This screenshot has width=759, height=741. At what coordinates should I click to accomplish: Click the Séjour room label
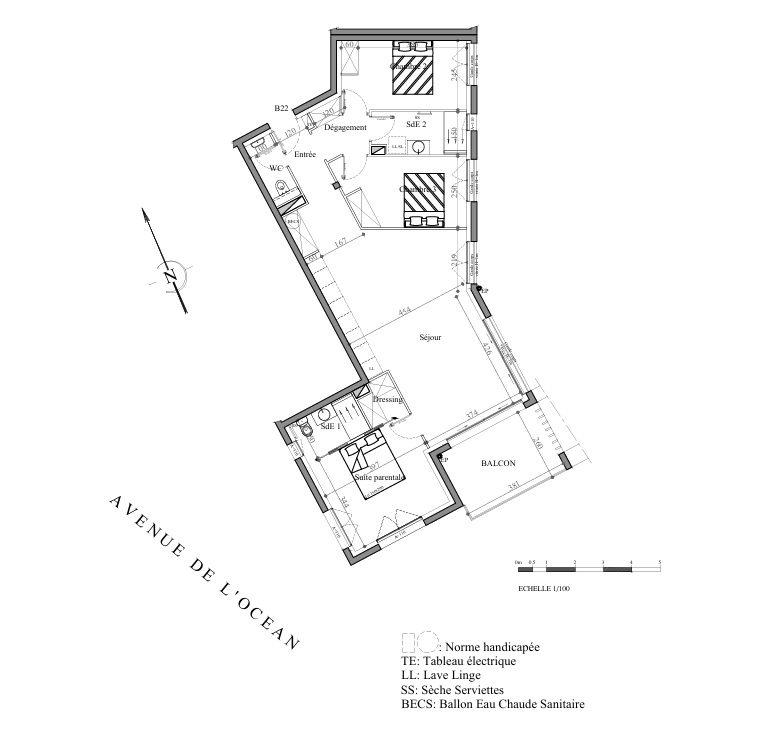pos(430,337)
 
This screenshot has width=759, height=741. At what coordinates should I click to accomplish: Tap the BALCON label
pos(498,464)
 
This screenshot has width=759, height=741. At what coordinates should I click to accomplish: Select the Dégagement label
pos(346,128)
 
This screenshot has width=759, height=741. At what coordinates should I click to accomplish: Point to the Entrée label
pos(305,154)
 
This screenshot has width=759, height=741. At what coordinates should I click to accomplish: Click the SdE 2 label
pos(417,125)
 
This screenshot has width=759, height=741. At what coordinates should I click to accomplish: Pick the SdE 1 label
pos(331,427)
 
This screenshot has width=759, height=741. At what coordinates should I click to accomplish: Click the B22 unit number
pos(282,107)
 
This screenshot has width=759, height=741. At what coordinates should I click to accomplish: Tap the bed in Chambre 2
pos(411,68)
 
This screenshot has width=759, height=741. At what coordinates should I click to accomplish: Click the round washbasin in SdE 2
pos(418,148)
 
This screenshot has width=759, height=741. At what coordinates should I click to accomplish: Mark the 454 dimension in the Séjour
pos(405,313)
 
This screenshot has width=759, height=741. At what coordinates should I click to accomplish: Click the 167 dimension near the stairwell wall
pos(341,242)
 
